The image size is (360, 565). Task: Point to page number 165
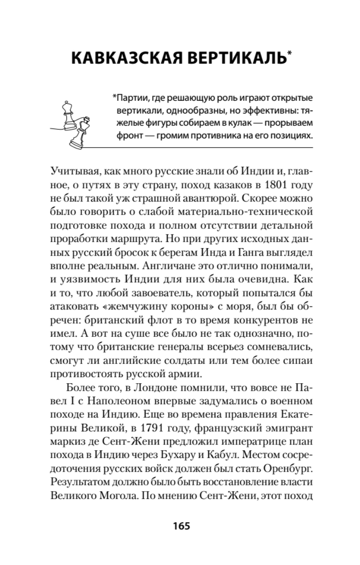(x=180, y=525)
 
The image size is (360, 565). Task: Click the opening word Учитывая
(x=74, y=168)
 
